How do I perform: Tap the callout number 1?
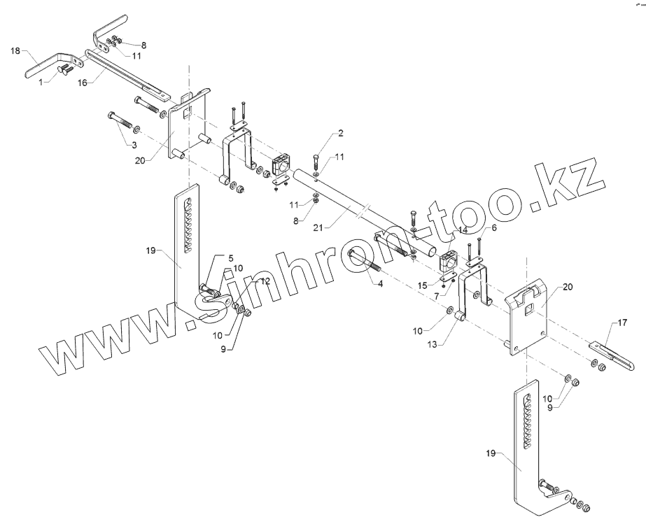click(41, 82)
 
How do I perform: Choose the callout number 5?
click(230, 258)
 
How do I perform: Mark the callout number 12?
click(265, 281)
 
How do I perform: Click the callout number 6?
click(493, 228)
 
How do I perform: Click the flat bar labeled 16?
click(126, 73)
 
